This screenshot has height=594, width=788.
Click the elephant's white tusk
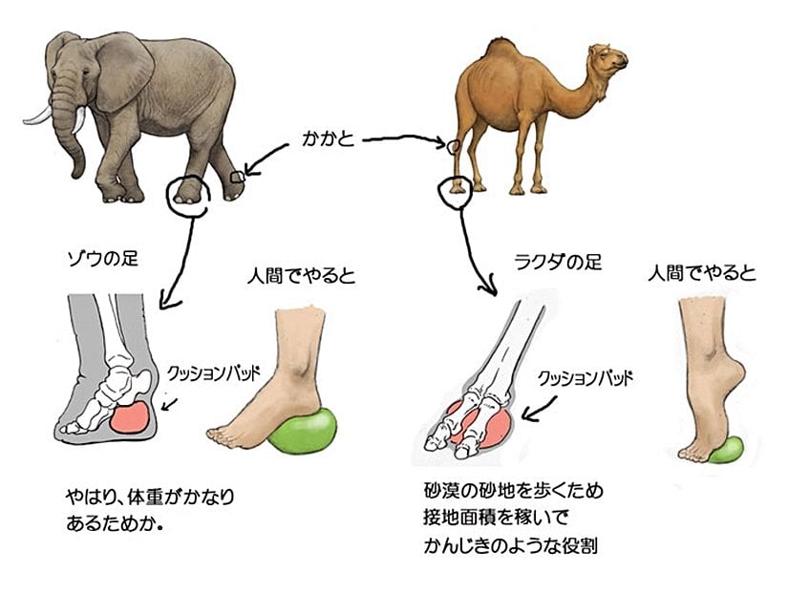(36, 117)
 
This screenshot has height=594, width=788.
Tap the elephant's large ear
(122, 72)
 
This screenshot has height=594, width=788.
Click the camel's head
(609, 59)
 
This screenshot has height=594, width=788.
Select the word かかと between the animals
(329, 139)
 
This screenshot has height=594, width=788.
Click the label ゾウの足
(102, 260)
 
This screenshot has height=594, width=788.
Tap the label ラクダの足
(559, 262)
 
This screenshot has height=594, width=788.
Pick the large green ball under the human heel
(303, 430)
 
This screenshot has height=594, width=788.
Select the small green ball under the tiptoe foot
(726, 450)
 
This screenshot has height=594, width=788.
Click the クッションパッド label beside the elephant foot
(213, 374)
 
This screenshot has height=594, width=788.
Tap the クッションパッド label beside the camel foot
(585, 378)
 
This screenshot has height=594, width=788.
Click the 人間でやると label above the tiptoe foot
(702, 273)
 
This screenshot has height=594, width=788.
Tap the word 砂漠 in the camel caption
(440, 489)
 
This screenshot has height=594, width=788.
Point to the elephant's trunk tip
(76, 174)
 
